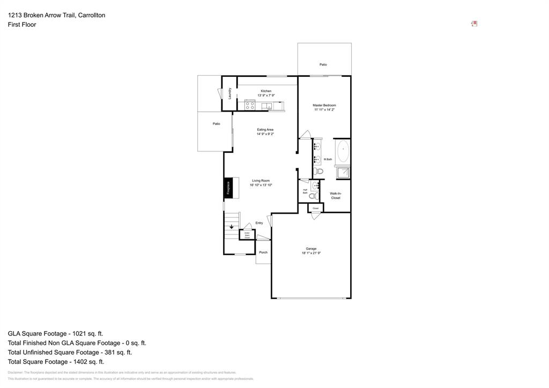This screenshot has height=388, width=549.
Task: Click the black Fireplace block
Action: (x=228, y=187)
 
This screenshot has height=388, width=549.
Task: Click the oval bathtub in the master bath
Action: (x=343, y=151)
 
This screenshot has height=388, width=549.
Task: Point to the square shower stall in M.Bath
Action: (x=343, y=172)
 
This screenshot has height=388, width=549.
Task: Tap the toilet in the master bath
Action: (x=319, y=172)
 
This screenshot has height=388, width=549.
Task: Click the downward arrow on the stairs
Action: (x=232, y=226)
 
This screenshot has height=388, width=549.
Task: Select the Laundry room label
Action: (x=229, y=93)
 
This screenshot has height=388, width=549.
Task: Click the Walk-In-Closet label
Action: (x=336, y=196)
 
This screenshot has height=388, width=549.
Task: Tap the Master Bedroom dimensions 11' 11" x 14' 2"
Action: (x=324, y=110)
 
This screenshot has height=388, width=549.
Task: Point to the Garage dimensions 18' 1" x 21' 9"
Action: (x=311, y=253)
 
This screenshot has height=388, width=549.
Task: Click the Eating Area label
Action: (x=265, y=129)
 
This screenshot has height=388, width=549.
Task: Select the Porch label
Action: (x=263, y=252)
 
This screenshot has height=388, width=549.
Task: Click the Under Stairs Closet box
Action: (x=247, y=235)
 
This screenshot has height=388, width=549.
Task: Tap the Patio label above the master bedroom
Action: (x=323, y=64)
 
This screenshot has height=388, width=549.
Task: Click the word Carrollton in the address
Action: (x=92, y=15)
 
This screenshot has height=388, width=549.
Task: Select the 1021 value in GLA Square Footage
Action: (x=72, y=333)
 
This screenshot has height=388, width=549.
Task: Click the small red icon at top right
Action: (x=474, y=24)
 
